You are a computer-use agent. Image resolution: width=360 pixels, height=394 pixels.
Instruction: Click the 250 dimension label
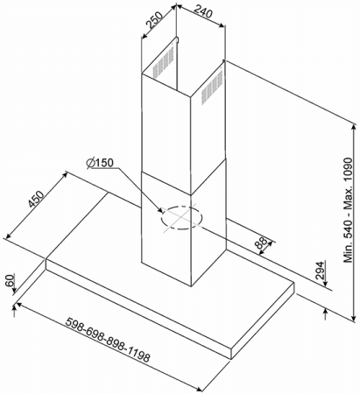coord(154,19)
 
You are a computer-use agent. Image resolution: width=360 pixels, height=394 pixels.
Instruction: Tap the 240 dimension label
coord(203,11)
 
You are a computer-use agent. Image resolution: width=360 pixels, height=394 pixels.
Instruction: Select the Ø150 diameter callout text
coord(100,163)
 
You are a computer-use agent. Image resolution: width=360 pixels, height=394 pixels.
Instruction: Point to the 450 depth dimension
coord(37,199)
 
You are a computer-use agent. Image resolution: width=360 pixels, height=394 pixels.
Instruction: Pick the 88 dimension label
coord(261,243)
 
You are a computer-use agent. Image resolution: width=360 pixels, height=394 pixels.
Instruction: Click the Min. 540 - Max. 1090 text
coord(349,210)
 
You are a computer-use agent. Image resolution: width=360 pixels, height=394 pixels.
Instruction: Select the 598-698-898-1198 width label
coord(108,340)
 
